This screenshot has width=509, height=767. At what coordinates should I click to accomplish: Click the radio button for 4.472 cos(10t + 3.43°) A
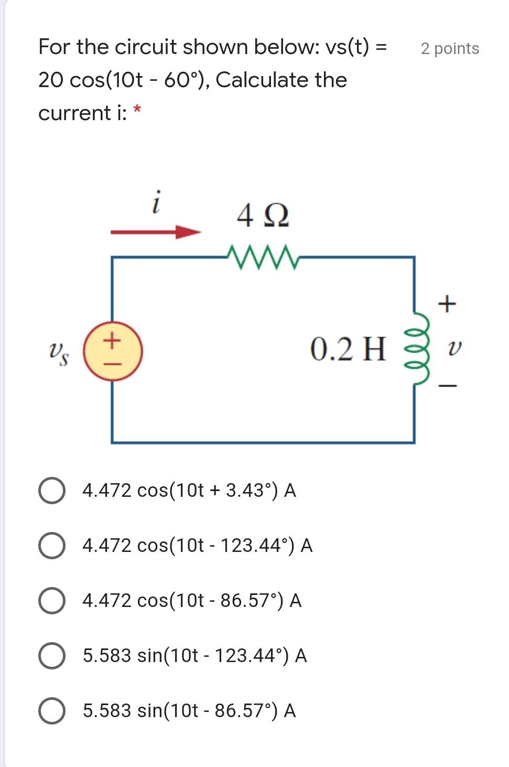52,491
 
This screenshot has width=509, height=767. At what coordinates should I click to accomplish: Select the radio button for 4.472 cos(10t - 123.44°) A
52,546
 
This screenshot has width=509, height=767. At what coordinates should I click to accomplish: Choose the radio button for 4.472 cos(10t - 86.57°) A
52,601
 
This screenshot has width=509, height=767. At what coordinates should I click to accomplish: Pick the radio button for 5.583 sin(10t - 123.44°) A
52,656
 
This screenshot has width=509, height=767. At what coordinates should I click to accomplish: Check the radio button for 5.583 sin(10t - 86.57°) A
52,711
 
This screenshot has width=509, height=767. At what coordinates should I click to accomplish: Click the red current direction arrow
156,231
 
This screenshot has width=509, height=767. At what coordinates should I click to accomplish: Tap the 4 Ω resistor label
263,216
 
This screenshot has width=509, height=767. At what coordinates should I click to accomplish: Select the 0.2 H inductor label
348,349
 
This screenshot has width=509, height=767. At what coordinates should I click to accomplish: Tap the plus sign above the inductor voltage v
447,303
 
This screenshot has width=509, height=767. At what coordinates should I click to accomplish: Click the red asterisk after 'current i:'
137,110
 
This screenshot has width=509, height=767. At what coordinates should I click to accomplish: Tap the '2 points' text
450,49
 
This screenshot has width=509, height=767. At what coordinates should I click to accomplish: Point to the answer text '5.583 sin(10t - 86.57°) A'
189,711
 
